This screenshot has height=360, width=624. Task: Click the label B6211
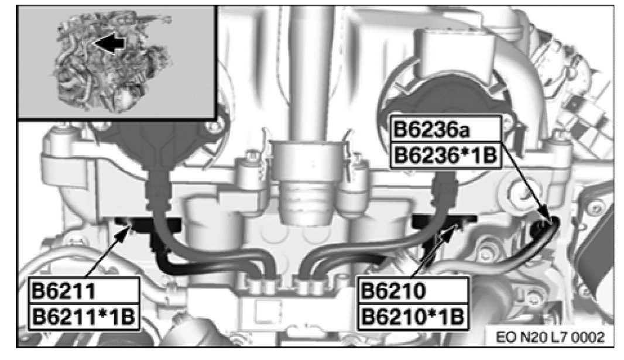coord(63,291)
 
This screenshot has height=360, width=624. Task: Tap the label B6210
coord(393,291)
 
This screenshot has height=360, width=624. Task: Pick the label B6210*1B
coord(413,317)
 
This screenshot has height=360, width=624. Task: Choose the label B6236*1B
coord(445,156)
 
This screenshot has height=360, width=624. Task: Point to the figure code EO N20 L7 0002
coord(550,337)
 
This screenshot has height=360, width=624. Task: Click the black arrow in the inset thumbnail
coord(108,44)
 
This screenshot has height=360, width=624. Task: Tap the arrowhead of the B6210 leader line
coord(454,228)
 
